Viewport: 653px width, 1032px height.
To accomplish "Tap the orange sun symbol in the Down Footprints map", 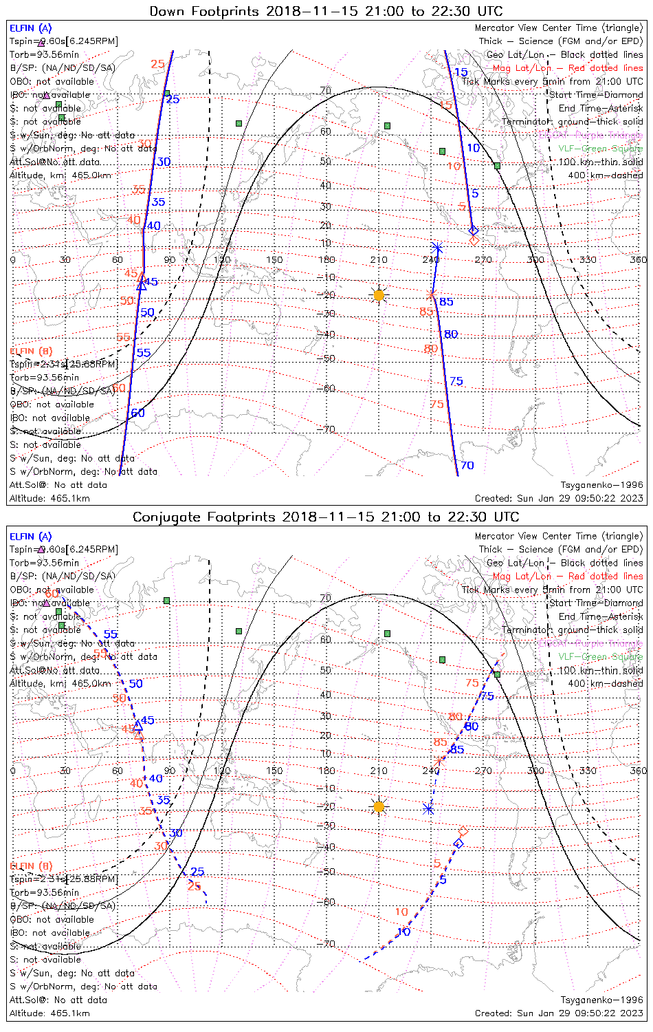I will pos(379,295).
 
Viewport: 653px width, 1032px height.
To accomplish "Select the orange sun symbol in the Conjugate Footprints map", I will pos(379,806).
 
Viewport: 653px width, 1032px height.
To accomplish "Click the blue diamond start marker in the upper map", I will pos(472,230).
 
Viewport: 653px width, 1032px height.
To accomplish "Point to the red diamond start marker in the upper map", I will pos(474,240).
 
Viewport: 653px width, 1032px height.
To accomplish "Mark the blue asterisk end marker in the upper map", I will pos(436,247).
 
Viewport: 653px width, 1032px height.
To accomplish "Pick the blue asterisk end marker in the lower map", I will pos(429,809).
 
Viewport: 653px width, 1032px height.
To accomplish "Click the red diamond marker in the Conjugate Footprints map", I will pos(463,832).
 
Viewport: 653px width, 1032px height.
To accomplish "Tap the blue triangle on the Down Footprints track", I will pos(142,284).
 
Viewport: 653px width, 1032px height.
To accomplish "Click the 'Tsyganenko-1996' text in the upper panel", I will pos(602,485).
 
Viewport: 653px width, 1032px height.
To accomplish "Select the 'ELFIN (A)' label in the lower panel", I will pos(30,537).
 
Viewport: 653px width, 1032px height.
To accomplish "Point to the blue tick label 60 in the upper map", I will pos(138,413).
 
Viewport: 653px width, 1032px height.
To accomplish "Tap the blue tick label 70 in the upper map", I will pos(467,466).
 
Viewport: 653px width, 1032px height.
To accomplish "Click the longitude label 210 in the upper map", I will pos(379,259).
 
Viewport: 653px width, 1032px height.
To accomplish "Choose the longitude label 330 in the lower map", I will pos(588,771).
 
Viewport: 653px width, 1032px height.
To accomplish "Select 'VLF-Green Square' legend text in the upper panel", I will pos(600,149).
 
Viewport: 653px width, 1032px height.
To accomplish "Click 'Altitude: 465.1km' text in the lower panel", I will pos(49,1013).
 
